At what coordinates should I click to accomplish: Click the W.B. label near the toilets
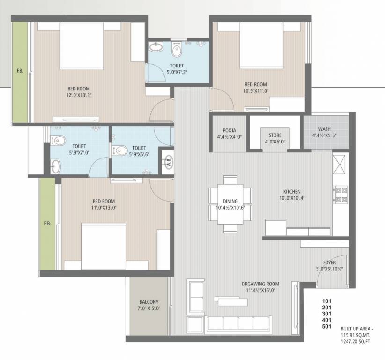tap(168, 161)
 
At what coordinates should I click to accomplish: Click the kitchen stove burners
tap(340, 195)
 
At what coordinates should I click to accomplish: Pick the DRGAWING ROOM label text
tap(260, 284)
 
